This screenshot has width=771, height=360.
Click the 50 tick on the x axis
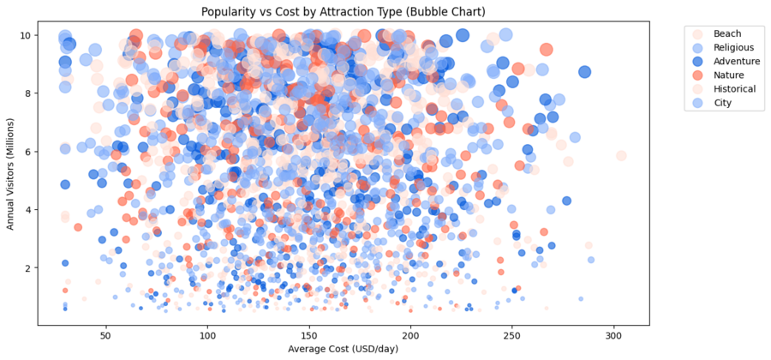pos(106,334)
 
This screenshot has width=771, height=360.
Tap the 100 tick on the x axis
pos(207,334)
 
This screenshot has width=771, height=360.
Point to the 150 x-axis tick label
pos(309,334)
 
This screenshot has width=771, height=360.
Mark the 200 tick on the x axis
pos(410,334)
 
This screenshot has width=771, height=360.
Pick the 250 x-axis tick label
pos(512,334)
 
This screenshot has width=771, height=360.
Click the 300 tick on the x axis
pos(613,334)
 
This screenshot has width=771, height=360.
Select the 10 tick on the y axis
pos(27,35)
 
